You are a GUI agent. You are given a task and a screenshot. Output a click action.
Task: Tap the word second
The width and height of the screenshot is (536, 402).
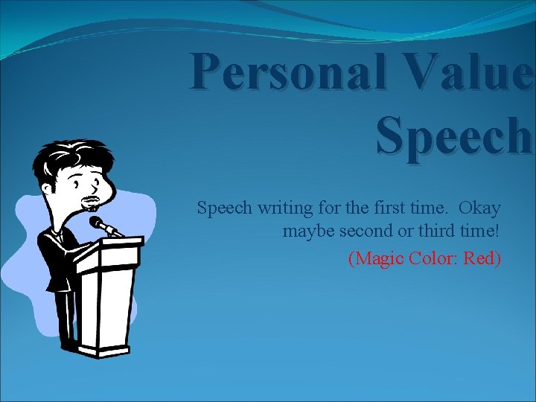367,232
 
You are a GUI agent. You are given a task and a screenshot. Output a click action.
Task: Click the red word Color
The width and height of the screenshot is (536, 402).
436,258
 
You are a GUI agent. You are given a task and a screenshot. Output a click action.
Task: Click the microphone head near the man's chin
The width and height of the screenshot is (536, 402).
98,223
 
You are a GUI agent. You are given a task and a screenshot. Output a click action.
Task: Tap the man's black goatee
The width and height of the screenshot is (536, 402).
91,202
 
